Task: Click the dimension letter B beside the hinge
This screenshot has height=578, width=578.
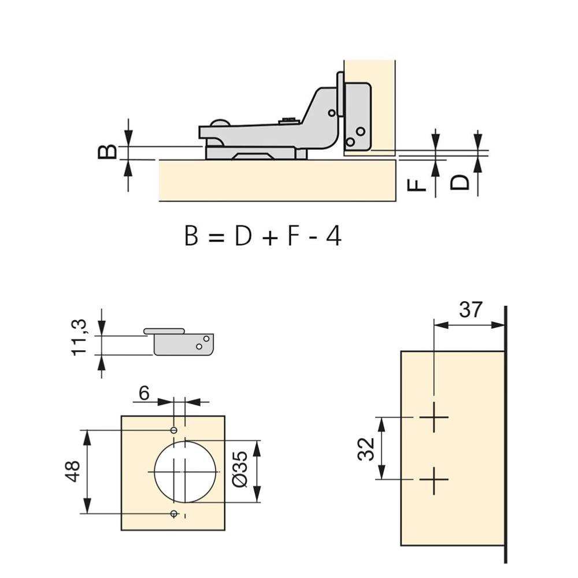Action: coord(108,152)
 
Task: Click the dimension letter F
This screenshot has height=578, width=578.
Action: coord(417,184)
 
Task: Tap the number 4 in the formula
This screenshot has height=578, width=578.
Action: coord(334,236)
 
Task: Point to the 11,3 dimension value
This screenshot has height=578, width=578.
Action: coord(79,338)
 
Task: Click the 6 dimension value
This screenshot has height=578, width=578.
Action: coord(144,393)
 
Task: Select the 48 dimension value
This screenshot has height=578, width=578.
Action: coord(73,472)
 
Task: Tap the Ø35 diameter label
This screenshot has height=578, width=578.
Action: coord(241,469)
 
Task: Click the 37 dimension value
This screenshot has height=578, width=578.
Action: coord(470,310)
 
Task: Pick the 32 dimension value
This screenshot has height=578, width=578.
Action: coord(366,449)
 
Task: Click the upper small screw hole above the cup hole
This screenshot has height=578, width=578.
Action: coord(173,430)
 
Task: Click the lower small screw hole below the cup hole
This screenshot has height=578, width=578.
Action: coord(173,513)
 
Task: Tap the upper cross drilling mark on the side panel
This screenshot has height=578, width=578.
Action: coord(434,417)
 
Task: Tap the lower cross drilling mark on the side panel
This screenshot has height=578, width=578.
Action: coord(434,480)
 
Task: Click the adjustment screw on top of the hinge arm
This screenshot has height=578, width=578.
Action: coord(288,120)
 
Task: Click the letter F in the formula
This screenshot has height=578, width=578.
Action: coord(293,236)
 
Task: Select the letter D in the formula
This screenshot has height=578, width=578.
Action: coord(243,236)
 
